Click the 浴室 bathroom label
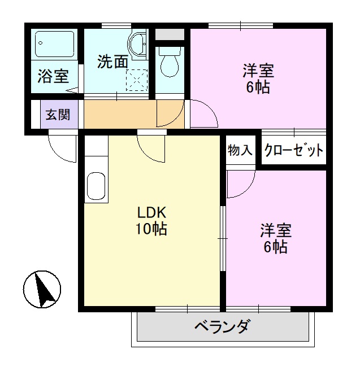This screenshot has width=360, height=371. coord(53,76)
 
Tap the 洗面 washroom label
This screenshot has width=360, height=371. coord(112,62)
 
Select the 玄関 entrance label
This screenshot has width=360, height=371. coord(58,115)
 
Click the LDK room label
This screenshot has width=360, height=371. coord(151,213)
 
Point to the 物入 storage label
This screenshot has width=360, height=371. coord(240,150)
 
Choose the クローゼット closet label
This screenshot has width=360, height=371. coord(293,150)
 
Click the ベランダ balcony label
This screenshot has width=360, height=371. coord(222,327)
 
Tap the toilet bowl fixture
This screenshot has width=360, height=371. coord(169,64)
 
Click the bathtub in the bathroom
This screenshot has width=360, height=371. coord(55,43)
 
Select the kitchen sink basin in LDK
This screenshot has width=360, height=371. coord(97,187)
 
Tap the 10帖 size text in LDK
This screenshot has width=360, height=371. coord(151,229)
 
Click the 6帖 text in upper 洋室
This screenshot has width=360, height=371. coord(258,88)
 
